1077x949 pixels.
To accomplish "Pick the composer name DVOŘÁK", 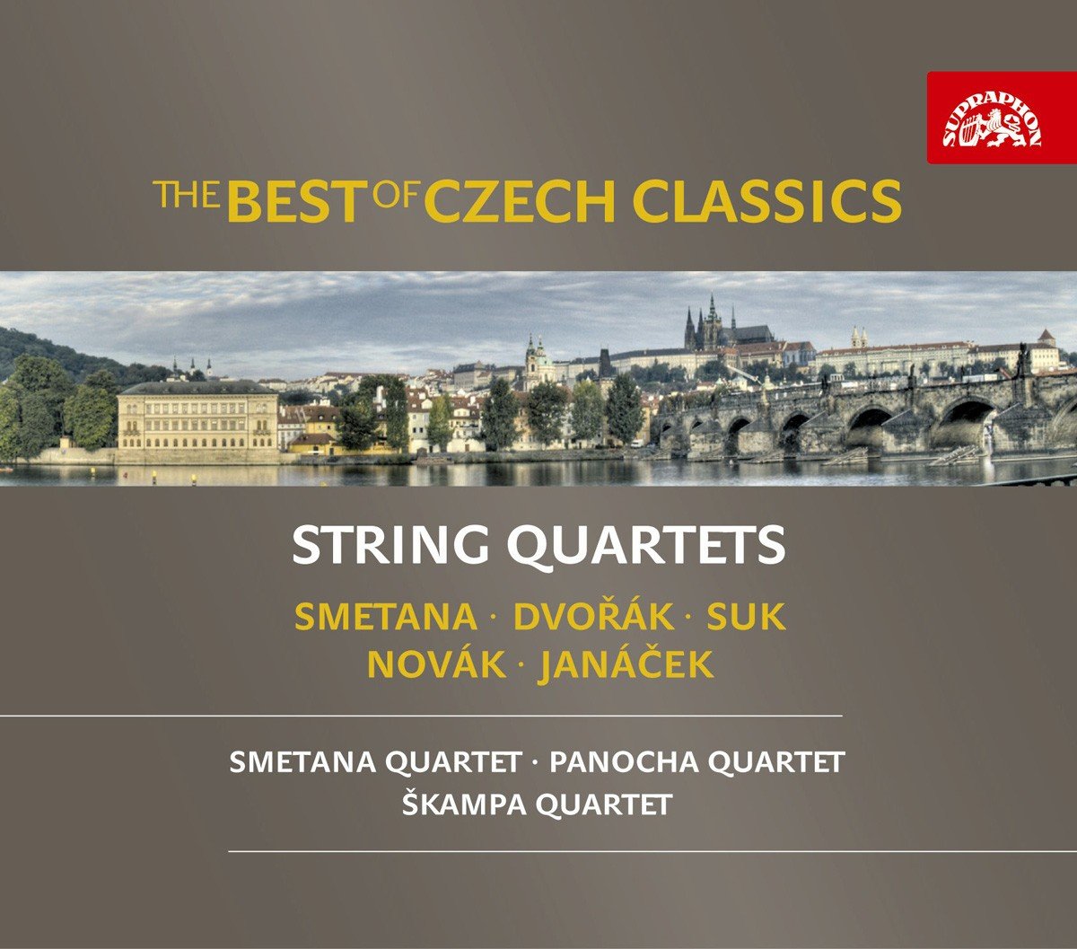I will [x=592, y=617].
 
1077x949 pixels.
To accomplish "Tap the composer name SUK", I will [x=746, y=617].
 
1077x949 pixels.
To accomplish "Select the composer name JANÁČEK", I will [x=626, y=665].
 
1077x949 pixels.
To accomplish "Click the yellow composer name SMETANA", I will [x=386, y=617].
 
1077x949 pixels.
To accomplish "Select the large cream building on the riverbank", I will [x=197, y=419].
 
